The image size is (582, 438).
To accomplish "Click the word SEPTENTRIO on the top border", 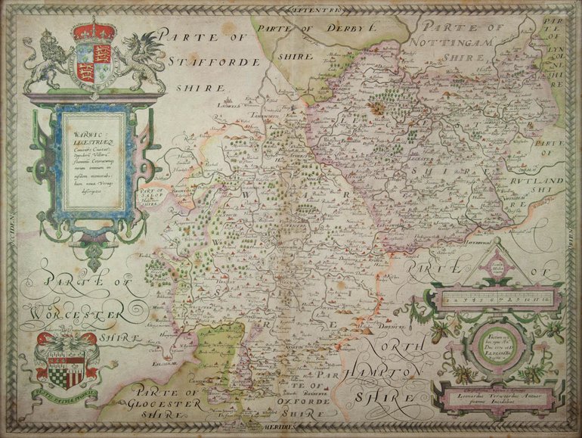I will (x=314, y=9).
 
